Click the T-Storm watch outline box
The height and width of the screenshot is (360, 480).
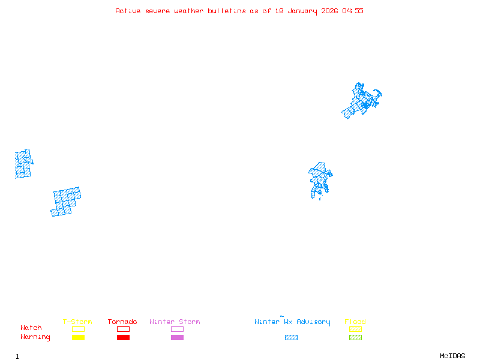coord(78,329)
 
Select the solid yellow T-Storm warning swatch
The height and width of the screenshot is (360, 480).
coord(78,338)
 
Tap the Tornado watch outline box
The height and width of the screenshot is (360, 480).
coord(123,329)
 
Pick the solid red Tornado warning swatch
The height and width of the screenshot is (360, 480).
coord(123,338)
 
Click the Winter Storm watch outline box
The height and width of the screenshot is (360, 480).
coord(177,329)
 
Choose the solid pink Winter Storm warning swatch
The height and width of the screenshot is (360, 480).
coord(177,338)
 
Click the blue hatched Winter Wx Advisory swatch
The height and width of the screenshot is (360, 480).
coord(291,338)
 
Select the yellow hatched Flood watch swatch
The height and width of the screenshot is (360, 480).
coord(355,329)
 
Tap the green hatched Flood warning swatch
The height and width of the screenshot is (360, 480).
coord(355,338)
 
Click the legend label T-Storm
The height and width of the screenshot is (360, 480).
coord(77,322)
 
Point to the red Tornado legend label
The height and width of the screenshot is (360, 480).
coord(122,322)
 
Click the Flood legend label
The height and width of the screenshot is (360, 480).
coord(355,322)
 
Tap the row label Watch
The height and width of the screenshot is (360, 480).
coord(31,328)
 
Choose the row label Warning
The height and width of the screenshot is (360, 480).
coord(35,337)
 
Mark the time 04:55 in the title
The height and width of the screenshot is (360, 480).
coord(353,11)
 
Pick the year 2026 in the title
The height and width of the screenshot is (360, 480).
coord(329,11)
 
